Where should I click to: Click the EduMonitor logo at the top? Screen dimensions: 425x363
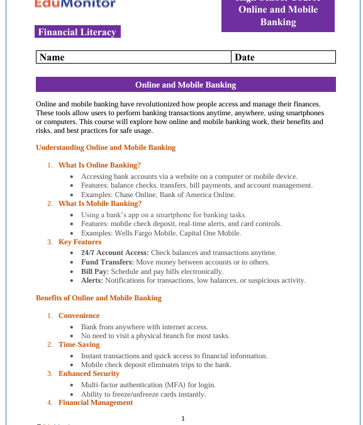tap(75, 4)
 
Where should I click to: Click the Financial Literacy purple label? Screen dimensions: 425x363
tap(77, 32)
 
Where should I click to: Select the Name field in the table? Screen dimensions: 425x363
tap(133, 57)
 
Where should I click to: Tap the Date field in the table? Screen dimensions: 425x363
tap(283, 57)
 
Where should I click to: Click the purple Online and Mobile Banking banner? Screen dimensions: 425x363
tap(186, 85)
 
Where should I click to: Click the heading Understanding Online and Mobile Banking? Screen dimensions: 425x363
tap(106, 147)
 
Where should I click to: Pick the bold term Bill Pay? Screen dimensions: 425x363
tap(95, 271)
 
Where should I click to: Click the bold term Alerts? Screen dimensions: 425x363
tap(92, 281)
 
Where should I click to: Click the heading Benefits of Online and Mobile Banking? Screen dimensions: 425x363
tap(99, 298)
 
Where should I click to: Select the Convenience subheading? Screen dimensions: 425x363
tap(79, 315)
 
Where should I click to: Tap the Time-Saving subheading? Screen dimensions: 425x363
tap(79, 344)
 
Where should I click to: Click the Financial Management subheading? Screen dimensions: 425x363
tap(96, 402)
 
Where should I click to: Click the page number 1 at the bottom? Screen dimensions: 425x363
tap(183, 418)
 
